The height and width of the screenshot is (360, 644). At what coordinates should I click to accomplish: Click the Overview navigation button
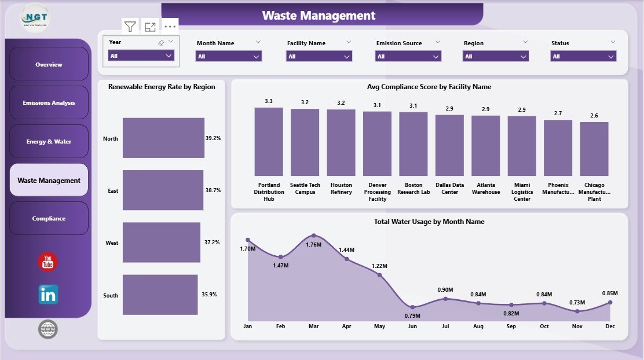pyautogui.click(x=49, y=64)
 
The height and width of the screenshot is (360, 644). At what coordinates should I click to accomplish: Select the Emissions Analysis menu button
pyautogui.click(x=49, y=102)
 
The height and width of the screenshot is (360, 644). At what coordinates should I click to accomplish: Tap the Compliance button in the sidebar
pyautogui.click(x=49, y=218)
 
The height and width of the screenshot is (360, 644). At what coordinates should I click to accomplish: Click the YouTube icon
pyautogui.click(x=48, y=262)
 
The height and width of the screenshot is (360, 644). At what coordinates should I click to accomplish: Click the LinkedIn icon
pyautogui.click(x=48, y=295)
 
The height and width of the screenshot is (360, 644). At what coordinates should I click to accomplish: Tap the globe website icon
pyautogui.click(x=48, y=329)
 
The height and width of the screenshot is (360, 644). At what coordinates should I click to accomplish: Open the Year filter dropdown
pyautogui.click(x=141, y=56)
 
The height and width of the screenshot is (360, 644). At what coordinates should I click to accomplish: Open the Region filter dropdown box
pyautogui.click(x=495, y=56)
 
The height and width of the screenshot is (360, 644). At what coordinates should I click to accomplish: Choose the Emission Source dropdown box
pyautogui.click(x=408, y=56)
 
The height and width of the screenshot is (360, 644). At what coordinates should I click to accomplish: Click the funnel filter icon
pyautogui.click(x=130, y=27)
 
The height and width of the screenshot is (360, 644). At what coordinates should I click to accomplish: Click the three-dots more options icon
pyautogui.click(x=170, y=27)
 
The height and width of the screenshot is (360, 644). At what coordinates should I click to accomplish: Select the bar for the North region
pyautogui.click(x=163, y=138)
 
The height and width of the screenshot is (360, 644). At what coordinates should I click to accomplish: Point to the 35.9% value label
pyautogui.click(x=209, y=295)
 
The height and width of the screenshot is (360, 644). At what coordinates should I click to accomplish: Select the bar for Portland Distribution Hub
pyautogui.click(x=269, y=142)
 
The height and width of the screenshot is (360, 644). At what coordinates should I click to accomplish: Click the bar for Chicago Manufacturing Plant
pyautogui.click(x=594, y=149)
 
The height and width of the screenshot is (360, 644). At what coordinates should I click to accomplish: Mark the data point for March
pyautogui.click(x=313, y=236)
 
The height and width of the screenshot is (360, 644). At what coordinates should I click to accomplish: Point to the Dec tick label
pyautogui.click(x=610, y=326)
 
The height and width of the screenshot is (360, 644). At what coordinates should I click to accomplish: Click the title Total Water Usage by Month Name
pyautogui.click(x=429, y=222)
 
